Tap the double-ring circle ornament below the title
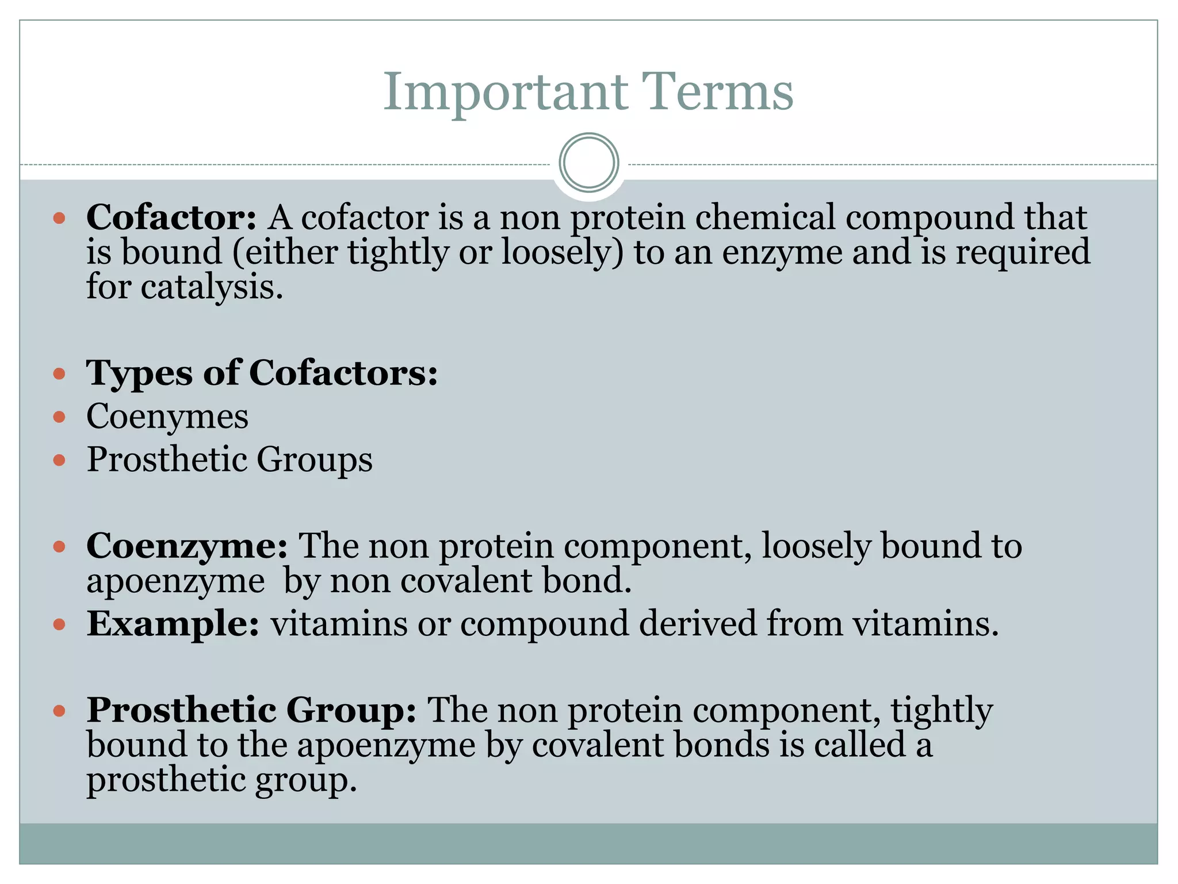coord(588,163)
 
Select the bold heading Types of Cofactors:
coord(262,373)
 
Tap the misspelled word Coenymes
coord(167,416)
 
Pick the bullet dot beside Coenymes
coord(59,416)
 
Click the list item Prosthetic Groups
coord(229,459)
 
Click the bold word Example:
coord(173,623)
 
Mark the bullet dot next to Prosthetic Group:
coord(59,711)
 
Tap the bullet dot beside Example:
coord(59,624)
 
